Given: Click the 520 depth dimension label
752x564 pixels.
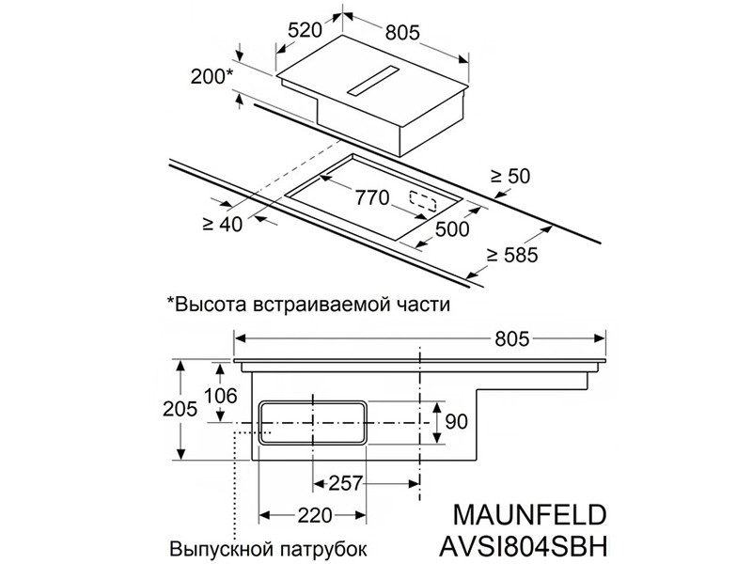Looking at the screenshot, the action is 305,30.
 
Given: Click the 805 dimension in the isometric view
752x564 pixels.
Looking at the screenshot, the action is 403,32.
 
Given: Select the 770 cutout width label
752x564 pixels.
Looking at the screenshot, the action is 371,197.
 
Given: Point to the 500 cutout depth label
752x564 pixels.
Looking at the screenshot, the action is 452,228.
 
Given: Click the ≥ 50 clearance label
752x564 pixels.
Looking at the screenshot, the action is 510,176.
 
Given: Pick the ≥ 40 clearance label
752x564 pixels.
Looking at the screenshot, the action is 223,224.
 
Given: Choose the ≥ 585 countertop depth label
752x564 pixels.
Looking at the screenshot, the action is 512,255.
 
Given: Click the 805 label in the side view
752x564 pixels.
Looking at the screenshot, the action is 512,339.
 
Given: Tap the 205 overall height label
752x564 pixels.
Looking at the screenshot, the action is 180,409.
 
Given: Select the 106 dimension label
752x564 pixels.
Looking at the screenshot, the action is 221,396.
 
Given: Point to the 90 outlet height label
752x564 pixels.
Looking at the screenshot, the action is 456,422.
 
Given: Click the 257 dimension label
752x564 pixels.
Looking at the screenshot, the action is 345,483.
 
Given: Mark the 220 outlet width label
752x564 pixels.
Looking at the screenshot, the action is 315,515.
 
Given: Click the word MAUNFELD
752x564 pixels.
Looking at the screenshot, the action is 529,514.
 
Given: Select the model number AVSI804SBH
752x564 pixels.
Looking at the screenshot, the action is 524,545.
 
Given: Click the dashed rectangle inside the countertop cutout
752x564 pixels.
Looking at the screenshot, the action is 422,202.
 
